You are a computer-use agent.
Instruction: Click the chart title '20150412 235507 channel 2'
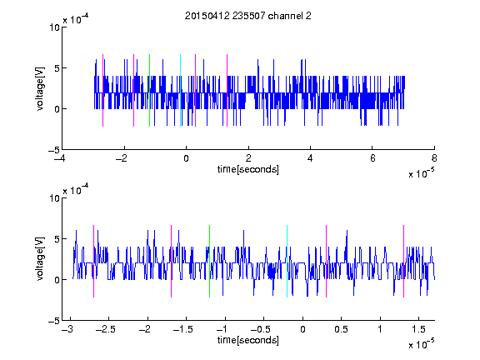(248, 16)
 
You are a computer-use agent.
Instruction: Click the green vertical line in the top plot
(149, 90)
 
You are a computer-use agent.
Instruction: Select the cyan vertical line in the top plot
(180, 90)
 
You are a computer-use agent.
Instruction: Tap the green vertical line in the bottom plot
(209, 261)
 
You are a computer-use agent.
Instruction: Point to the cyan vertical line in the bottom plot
(287, 261)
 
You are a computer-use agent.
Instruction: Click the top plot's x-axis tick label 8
(434, 158)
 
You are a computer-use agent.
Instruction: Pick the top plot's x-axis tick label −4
(60, 158)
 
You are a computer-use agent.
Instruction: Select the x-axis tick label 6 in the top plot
(372, 158)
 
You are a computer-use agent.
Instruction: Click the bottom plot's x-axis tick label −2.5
(105, 329)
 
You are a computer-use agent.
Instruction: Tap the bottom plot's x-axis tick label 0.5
(341, 329)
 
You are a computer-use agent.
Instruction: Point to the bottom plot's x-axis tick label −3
(67, 329)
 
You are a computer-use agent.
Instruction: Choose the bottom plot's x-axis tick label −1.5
(182, 329)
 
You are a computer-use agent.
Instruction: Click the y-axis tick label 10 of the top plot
(54, 27)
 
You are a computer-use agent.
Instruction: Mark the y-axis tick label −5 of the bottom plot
(54, 321)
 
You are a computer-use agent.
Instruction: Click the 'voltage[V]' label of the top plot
(40, 88)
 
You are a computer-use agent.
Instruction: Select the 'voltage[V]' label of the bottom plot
(40, 258)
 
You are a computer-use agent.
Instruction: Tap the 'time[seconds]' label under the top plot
(248, 169)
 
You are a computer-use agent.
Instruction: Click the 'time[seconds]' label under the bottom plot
(248, 340)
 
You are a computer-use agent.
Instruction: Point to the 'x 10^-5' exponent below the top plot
(421, 173)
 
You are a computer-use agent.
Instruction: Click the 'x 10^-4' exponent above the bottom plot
(76, 190)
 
